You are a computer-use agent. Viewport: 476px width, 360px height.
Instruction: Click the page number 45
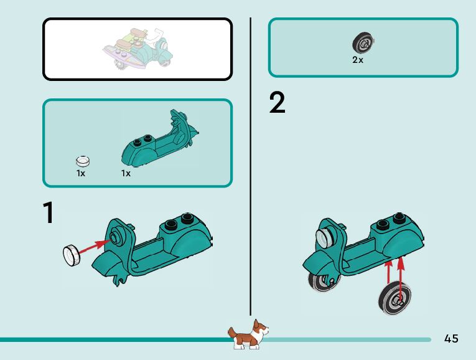pyautogui.click(x=451, y=338)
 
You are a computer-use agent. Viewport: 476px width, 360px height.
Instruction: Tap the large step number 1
pyautogui.click(x=49, y=212)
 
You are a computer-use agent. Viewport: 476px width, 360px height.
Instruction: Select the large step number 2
pyautogui.click(x=277, y=102)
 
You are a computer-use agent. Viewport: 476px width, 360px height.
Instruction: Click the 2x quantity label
pyautogui.click(x=358, y=60)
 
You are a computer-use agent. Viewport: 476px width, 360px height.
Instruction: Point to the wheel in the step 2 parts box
pyautogui.click(x=363, y=43)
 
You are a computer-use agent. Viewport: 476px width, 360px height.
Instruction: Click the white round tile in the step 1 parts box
pyautogui.click(x=83, y=161)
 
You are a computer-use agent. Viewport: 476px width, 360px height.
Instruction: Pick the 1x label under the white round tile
pyautogui.click(x=81, y=173)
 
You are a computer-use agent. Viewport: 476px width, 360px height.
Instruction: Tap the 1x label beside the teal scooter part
pyautogui.click(x=126, y=173)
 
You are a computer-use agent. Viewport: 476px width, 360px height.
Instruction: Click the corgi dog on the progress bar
pyautogui.click(x=248, y=334)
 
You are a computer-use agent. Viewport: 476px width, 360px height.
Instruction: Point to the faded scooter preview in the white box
pyautogui.click(x=138, y=49)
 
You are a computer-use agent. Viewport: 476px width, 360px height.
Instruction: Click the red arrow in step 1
pyautogui.click(x=94, y=247)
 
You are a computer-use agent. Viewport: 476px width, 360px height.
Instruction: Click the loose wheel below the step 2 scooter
pyautogui.click(x=395, y=298)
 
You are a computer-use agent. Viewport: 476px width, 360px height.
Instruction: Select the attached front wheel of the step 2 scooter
pyautogui.click(x=323, y=282)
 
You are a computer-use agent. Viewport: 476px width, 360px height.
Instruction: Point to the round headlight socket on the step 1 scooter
pyautogui.click(x=114, y=236)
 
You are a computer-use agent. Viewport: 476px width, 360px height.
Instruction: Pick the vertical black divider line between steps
pyautogui.click(x=251, y=166)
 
